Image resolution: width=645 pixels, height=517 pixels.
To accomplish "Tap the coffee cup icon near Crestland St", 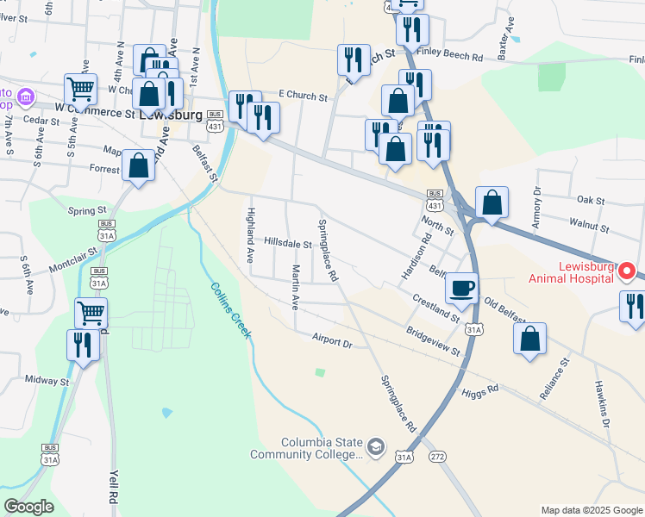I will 462,288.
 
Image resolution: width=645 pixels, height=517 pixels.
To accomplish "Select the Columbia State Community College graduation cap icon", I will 376,446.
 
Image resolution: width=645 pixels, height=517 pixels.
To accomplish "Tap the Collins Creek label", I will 230,311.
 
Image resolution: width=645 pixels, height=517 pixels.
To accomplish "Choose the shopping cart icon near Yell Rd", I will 91,313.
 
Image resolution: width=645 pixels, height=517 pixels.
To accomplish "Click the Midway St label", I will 47,380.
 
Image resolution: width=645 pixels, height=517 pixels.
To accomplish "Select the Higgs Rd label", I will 480,389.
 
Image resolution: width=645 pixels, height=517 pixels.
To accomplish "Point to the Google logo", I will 29,507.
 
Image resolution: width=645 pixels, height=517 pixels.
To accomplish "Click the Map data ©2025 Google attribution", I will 591,510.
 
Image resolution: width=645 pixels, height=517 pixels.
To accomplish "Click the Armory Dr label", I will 537,203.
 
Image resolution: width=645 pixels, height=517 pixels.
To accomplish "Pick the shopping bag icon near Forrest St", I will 138,165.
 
